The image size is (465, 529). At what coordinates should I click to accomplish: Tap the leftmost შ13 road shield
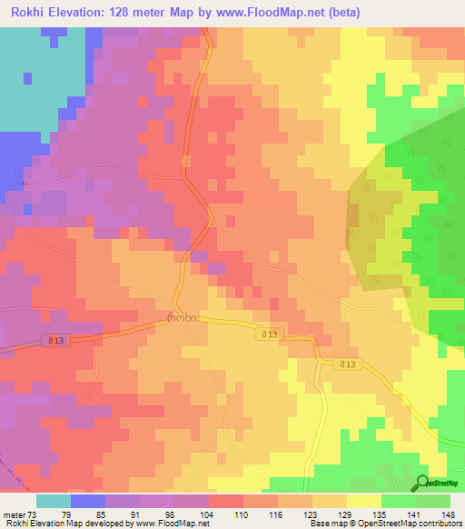57,340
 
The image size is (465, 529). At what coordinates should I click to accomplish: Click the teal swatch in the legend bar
54,501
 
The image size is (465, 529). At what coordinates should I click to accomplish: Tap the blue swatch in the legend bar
88,501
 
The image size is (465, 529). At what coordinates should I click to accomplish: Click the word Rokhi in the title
27,13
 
